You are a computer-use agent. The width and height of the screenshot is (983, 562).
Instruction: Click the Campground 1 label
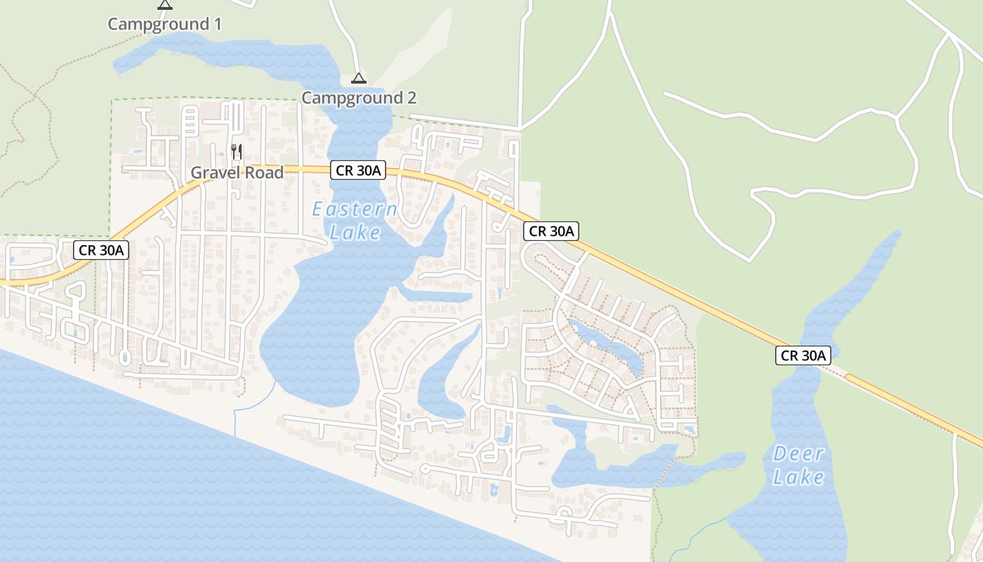pyautogui.click(x=164, y=24)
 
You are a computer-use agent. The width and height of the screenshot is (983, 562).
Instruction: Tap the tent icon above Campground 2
pyautogui.click(x=359, y=78)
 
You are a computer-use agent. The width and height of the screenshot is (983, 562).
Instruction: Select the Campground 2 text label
pyautogui.click(x=359, y=98)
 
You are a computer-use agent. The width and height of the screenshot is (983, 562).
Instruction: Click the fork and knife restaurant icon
pyautogui.click(x=237, y=151)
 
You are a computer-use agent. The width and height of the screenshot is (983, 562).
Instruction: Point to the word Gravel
pyautogui.click(x=215, y=173)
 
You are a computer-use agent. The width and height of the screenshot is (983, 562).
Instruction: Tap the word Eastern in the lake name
pyautogui.click(x=355, y=209)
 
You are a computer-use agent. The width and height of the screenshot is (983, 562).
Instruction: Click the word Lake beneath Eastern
pyautogui.click(x=355, y=233)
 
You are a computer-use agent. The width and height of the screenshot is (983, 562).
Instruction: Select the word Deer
pyautogui.click(x=798, y=454)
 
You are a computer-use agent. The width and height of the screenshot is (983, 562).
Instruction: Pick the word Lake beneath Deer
pyautogui.click(x=798, y=478)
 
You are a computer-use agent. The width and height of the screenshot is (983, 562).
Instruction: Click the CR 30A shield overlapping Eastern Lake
pyautogui.click(x=358, y=170)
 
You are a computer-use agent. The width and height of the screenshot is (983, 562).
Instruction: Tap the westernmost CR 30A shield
pyautogui.click(x=102, y=249)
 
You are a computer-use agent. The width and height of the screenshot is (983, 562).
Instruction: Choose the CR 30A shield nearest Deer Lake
pyautogui.click(x=803, y=355)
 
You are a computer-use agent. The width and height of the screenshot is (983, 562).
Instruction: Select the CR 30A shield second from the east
pyautogui.click(x=551, y=230)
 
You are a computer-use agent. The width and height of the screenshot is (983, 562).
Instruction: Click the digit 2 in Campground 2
pyautogui.click(x=411, y=98)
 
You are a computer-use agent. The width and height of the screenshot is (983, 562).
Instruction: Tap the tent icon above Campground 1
pyautogui.click(x=165, y=4)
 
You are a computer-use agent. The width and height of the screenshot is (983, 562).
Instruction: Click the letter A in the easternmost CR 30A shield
pyautogui.click(x=822, y=355)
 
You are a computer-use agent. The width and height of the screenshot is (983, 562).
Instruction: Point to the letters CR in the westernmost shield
pyautogui.click(x=87, y=249)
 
